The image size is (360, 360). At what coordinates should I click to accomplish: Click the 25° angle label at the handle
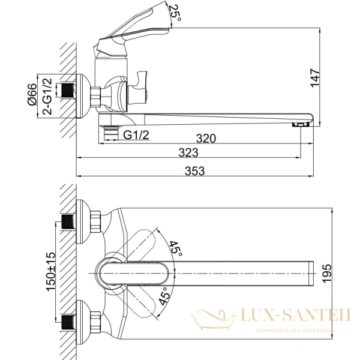pos(175,11)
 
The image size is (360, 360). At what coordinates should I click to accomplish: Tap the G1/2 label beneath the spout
pos(137,136)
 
